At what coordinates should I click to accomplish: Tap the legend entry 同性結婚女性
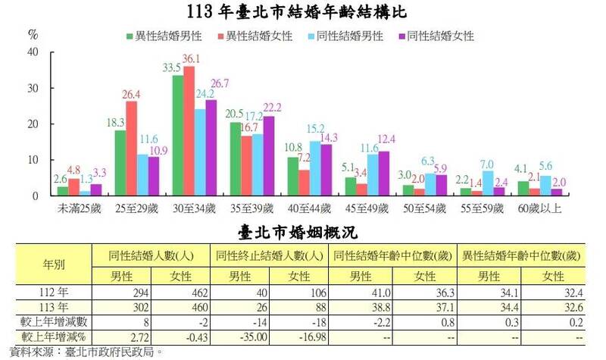[436, 36]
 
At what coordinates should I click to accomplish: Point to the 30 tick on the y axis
[33, 88]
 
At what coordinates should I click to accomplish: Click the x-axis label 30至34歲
[194, 207]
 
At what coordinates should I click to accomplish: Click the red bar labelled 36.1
[189, 130]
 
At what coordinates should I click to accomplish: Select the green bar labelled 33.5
[178, 135]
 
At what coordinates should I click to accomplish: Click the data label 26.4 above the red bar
[132, 94]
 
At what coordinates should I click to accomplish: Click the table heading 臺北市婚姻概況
[303, 228]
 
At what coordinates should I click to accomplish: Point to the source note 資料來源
[83, 351]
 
